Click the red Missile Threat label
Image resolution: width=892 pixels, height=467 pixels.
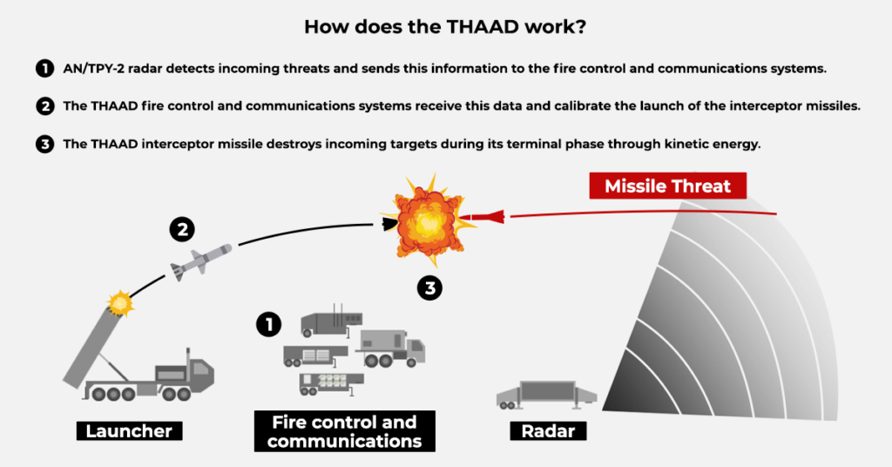(668, 186)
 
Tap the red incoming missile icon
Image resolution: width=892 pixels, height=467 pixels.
(483, 215)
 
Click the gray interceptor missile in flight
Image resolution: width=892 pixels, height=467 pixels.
(200, 259)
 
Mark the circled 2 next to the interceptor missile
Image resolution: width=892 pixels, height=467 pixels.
(181, 231)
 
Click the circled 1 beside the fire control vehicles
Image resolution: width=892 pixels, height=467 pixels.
(268, 325)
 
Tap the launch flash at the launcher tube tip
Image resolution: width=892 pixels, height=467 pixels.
(118, 304)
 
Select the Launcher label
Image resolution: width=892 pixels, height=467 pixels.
(129, 430)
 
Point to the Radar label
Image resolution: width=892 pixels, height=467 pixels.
(548, 430)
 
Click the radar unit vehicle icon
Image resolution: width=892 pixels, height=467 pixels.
(545, 394)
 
